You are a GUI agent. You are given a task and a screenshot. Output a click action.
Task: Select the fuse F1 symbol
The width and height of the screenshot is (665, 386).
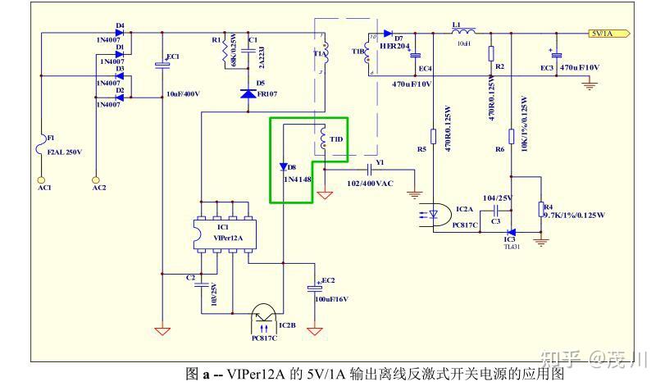pos(41,148)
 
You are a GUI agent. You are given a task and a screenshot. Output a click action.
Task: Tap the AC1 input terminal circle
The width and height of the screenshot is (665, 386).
pos(41,177)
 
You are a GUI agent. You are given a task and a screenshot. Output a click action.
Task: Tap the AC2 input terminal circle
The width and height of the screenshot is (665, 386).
pos(96,177)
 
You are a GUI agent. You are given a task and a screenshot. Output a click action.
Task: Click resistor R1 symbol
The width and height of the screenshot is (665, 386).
pos(224,53)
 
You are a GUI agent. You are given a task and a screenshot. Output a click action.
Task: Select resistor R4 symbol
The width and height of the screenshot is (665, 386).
pos(540,210)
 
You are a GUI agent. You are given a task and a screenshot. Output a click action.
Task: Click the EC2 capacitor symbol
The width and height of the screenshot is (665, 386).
pos(313,288)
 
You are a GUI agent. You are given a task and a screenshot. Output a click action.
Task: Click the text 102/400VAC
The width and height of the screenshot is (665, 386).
pos(369,184)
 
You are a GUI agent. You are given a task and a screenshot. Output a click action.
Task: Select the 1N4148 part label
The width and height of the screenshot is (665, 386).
pos(298,178)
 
